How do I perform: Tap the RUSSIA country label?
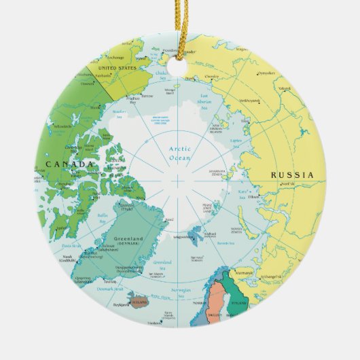pyautogui.click(x=292, y=175)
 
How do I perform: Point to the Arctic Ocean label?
pyautogui.click(x=178, y=153)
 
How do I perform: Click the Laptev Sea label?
pyautogui.click(x=237, y=141)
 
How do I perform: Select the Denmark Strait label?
pyautogui.click(x=111, y=289)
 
